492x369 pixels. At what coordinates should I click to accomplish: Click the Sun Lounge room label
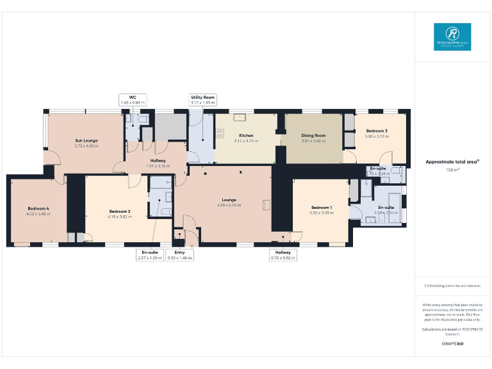86,140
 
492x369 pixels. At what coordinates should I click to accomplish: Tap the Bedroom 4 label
38,208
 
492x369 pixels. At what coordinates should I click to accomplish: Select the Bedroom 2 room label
120,211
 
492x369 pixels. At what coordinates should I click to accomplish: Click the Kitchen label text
247,136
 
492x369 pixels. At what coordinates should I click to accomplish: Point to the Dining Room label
314,136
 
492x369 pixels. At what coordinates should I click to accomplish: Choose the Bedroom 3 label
377,131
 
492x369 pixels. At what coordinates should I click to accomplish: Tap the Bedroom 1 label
322,208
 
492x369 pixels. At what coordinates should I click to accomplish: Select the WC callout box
133,99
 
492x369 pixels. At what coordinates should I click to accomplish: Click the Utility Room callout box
202,99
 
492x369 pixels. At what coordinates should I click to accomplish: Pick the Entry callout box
179,255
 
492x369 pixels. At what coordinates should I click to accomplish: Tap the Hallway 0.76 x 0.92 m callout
283,255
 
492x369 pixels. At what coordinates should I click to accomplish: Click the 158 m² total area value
450,170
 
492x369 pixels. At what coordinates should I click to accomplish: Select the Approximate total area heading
450,162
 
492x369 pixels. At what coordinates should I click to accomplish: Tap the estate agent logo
452,37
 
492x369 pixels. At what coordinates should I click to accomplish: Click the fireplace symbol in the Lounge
266,204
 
